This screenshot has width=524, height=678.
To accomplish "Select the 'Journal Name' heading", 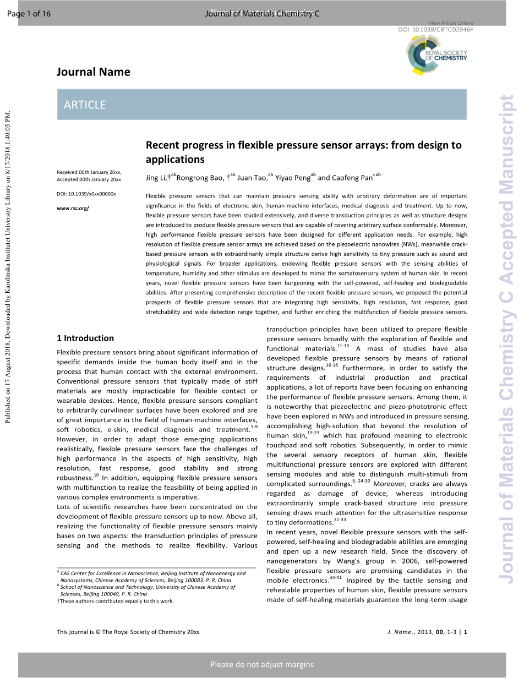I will (x=94, y=72).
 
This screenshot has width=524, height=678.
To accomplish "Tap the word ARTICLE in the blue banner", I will (x=85, y=105).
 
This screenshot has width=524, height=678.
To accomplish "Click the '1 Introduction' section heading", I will (x=85, y=338).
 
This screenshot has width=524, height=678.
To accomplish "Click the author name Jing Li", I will (x=156, y=178).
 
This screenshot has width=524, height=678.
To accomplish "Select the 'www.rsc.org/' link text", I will (x=73, y=208).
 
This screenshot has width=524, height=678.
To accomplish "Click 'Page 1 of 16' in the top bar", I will (x=29, y=14).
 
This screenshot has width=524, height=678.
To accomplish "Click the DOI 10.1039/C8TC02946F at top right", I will (x=435, y=29).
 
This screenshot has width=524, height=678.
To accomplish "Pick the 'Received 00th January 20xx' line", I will (x=89, y=172).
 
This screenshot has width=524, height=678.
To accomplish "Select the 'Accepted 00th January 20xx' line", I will (x=89, y=179).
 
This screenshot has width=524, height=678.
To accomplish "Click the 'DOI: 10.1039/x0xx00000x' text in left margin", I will (x=86, y=194).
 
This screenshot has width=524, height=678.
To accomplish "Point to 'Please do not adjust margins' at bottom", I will (x=262, y=664).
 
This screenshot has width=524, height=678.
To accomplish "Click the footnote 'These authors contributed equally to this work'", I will (x=116, y=601).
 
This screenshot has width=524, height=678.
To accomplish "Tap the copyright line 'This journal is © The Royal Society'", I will (x=128, y=632).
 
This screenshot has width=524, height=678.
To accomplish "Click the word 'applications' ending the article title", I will (x=174, y=160).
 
